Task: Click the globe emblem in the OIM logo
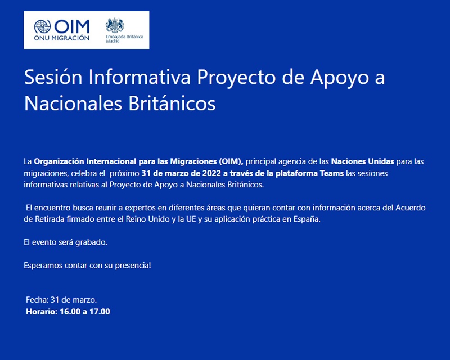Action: click(x=42, y=26)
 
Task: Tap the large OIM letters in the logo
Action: click(x=72, y=26)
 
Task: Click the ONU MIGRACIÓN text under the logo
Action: click(x=61, y=38)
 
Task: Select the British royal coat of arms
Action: click(x=115, y=25)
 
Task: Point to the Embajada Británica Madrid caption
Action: click(x=124, y=39)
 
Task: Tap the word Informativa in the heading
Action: click(x=139, y=77)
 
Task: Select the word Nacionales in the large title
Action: click(x=73, y=103)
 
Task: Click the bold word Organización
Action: click(x=59, y=161)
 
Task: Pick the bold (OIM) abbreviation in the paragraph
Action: click(x=231, y=161)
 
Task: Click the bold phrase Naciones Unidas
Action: click(x=362, y=161)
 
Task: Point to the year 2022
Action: click(x=211, y=173)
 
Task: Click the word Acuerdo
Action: click(x=411, y=208)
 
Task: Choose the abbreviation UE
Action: click(x=191, y=219)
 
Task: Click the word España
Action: click(x=307, y=219)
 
